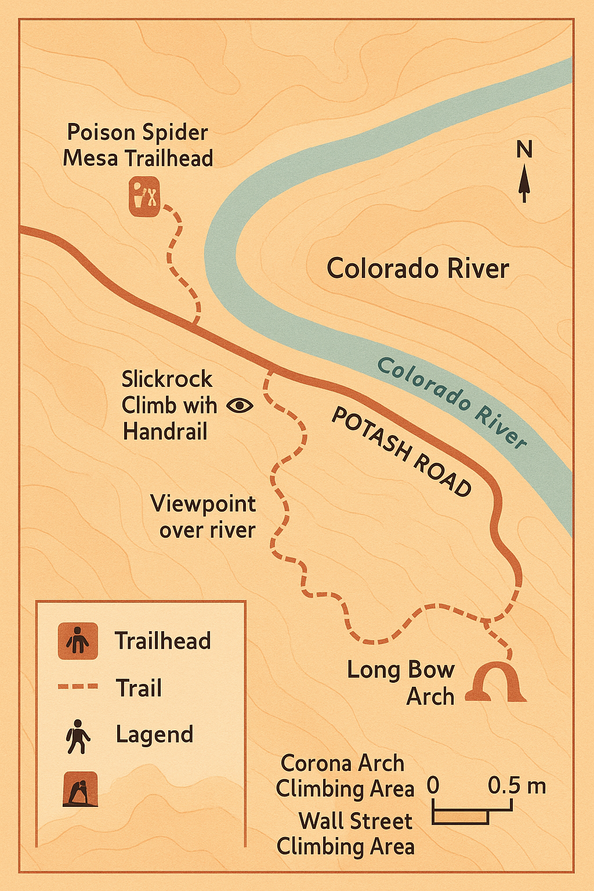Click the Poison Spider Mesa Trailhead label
click(137, 145)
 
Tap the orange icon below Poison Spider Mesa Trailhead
click(144, 197)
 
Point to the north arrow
click(524, 183)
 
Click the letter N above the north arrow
click(524, 150)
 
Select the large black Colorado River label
click(418, 269)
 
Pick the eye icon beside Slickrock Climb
click(240, 405)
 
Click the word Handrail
click(165, 432)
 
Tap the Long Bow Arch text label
click(401, 683)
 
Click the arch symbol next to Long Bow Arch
click(498, 683)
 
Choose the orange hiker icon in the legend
click(78, 641)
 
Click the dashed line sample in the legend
click(78, 686)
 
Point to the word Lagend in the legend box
click(154, 734)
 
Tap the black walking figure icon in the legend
click(78, 736)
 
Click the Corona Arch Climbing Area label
click(345, 776)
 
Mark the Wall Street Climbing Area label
click(346, 834)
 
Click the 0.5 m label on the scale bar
click(516, 785)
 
